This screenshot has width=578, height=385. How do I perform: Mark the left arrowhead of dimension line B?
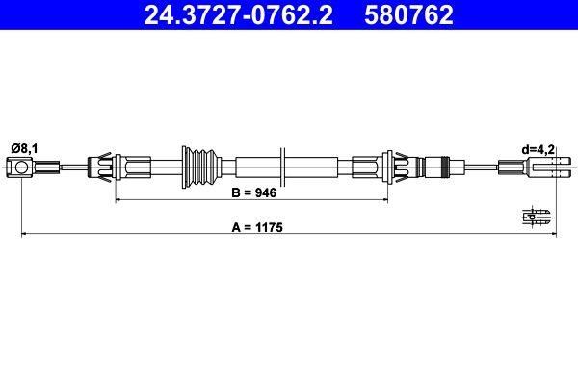(119, 199)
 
